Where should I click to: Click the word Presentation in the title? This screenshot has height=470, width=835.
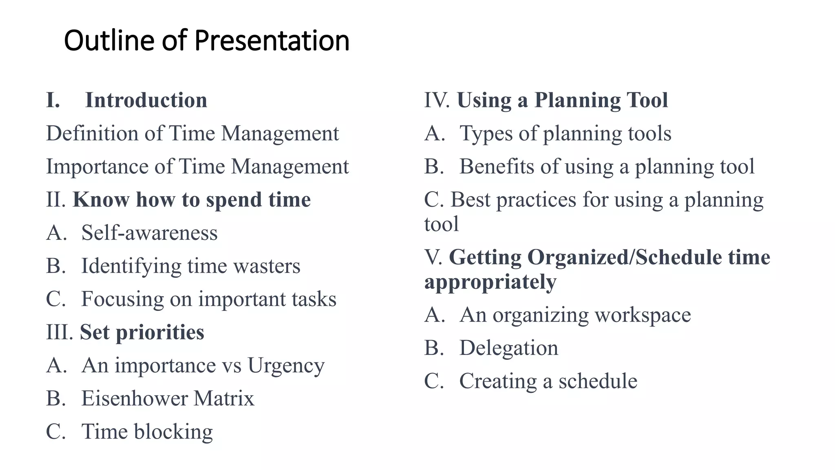(x=272, y=41)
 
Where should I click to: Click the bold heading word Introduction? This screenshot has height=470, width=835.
(x=146, y=100)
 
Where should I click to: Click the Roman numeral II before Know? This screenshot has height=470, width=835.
(x=55, y=200)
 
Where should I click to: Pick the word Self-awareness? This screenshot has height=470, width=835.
(x=149, y=233)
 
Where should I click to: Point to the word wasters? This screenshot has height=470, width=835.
(x=267, y=266)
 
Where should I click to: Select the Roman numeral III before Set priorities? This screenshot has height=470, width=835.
(x=59, y=332)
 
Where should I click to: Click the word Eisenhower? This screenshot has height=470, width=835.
(x=134, y=398)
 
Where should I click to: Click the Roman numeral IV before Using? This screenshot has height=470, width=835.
(x=437, y=100)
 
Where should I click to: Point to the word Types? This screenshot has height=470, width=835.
(x=486, y=134)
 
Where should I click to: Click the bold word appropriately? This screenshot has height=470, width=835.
(x=490, y=282)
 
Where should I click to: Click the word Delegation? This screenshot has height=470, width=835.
(x=508, y=348)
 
